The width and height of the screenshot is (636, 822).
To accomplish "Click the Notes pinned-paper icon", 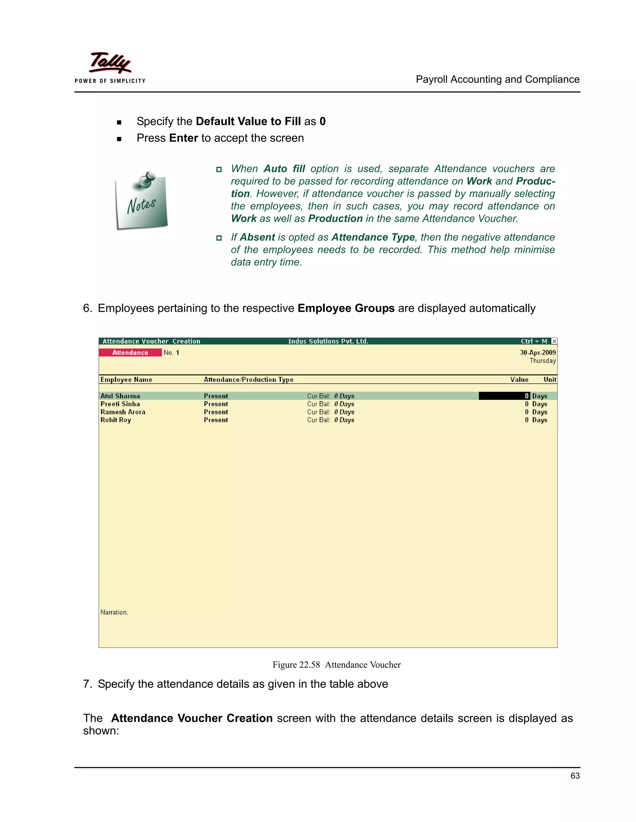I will pyautogui.click(x=142, y=201).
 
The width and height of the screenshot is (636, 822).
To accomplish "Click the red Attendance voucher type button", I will pyautogui.click(x=130, y=353).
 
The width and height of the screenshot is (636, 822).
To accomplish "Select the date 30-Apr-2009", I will pyautogui.click(x=538, y=353).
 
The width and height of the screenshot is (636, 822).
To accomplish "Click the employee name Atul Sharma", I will pyautogui.click(x=120, y=396).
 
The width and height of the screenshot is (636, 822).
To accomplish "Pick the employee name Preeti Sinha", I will pyautogui.click(x=120, y=404).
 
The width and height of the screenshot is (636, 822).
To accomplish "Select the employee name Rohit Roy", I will pyautogui.click(x=116, y=420).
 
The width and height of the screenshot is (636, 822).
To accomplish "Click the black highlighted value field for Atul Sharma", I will pyautogui.click(x=504, y=396).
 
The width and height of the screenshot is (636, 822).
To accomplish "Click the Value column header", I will pyautogui.click(x=519, y=379).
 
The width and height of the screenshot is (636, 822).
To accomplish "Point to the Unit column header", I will pyautogui.click(x=550, y=379).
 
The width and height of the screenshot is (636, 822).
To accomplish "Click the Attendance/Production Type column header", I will pyautogui.click(x=248, y=379).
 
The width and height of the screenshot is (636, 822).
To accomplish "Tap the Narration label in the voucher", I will pyautogui.click(x=114, y=612).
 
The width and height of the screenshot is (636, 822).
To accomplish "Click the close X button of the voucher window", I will pyautogui.click(x=554, y=341).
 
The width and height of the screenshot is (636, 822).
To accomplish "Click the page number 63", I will pyautogui.click(x=575, y=776).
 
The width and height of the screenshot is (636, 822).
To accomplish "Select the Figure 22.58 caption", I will pyautogui.click(x=336, y=665).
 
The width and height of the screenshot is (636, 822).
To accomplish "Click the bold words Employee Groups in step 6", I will pyautogui.click(x=346, y=308).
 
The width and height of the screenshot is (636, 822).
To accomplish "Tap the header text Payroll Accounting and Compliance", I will pyautogui.click(x=497, y=79).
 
